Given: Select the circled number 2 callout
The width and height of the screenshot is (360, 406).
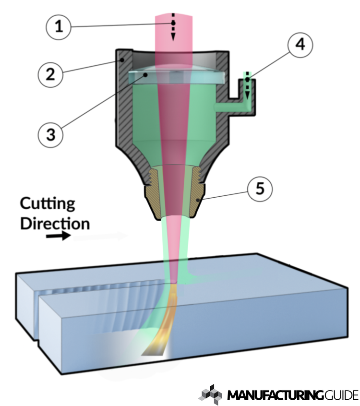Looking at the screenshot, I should [50, 75].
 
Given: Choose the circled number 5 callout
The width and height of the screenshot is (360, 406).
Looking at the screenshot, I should [259, 189].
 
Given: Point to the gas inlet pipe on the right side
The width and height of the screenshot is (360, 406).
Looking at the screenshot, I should [240, 101].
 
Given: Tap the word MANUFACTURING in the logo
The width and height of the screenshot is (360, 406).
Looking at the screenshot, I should [273, 395].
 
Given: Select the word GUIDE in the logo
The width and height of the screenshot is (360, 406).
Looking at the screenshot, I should [339, 395].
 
